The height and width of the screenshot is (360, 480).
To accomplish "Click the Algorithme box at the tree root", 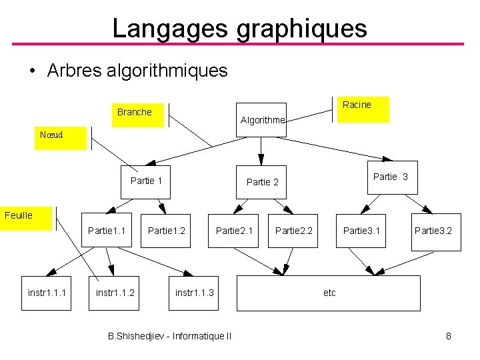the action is [x=261, y=120].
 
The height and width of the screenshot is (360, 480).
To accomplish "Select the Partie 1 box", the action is [x=146, y=181].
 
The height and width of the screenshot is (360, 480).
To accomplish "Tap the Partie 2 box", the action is [x=262, y=182].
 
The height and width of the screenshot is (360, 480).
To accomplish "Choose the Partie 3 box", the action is [x=391, y=177].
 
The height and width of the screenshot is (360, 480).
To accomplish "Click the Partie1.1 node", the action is [x=107, y=231].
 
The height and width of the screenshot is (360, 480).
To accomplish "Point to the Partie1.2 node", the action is [x=166, y=231].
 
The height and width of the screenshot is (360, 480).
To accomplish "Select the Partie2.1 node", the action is [x=234, y=231].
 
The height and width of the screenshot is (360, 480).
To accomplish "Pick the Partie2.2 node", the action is [x=293, y=231].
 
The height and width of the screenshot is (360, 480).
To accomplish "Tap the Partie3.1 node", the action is [x=361, y=231].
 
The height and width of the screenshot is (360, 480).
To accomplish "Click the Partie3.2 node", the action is [x=435, y=231].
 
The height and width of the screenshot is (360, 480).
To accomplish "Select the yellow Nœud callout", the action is [x=60, y=137].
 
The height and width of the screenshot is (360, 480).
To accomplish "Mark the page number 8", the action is [x=449, y=336].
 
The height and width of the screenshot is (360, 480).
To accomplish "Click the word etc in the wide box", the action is [x=329, y=293].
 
